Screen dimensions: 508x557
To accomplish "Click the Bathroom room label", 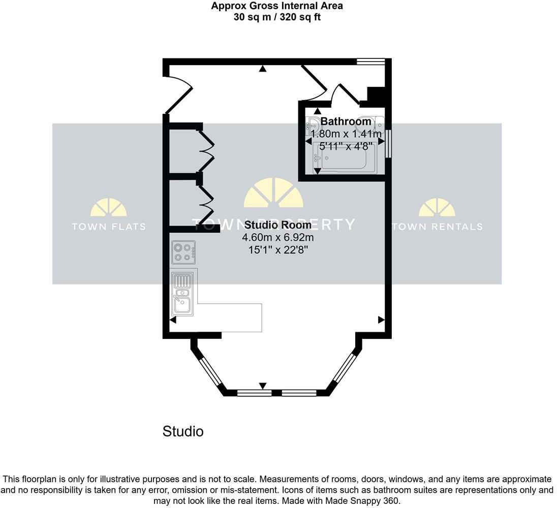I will pyautogui.click(x=346, y=122).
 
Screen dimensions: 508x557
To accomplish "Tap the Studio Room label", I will pyautogui.click(x=277, y=225).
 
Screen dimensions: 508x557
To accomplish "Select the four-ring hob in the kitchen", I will pyautogui.click(x=183, y=252).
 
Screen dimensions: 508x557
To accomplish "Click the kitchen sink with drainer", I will pyautogui.click(x=181, y=293).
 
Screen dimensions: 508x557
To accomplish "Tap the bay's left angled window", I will pyautogui.click(x=209, y=372).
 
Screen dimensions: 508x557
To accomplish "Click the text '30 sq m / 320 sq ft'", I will pyautogui.click(x=277, y=17).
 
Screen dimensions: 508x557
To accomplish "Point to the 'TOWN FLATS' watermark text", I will pyautogui.click(x=109, y=227).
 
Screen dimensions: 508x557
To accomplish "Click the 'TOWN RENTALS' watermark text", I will pyautogui.click(x=437, y=227).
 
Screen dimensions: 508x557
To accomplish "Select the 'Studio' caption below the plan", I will pyautogui.click(x=183, y=432).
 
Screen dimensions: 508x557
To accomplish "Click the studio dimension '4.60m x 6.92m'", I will pyautogui.click(x=277, y=237).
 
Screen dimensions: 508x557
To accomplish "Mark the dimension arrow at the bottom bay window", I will pyautogui.click(x=263, y=387).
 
